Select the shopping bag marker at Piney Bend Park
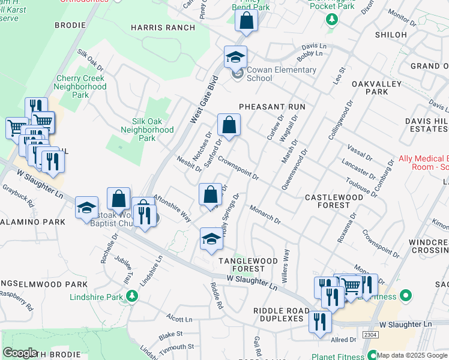point(246,21)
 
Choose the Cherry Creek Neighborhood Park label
point(81,86)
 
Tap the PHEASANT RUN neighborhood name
point(272,106)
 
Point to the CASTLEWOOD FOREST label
point(334,201)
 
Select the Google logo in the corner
point(20,353)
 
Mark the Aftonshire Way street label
point(172,208)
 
